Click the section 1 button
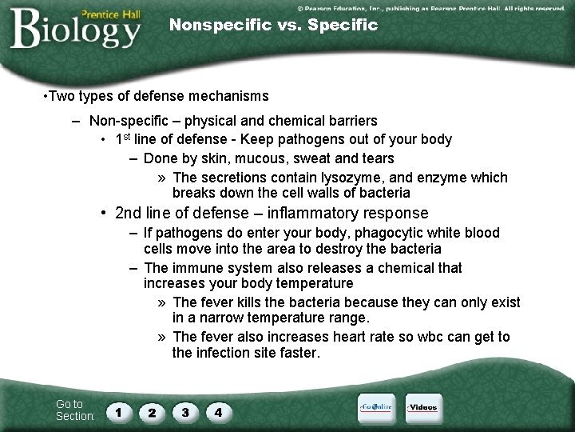[119, 414]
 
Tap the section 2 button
[152, 414]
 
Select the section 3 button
[185, 414]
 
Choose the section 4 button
[218, 414]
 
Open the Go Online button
[375, 408]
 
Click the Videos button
[423, 408]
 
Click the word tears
[377, 158]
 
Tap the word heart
[350, 337]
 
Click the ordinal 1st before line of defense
[124, 139]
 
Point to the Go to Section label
[74, 410]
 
